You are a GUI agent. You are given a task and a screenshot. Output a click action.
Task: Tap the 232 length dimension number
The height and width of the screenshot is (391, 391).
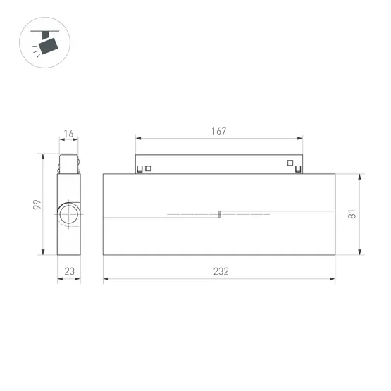tap(218, 271)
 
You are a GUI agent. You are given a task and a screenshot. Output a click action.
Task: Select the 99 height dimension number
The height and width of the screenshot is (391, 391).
tap(35, 205)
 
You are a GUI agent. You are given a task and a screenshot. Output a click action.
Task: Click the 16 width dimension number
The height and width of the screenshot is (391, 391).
tap(68, 135)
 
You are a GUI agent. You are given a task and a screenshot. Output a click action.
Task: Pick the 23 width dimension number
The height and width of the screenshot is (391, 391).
tap(68, 271)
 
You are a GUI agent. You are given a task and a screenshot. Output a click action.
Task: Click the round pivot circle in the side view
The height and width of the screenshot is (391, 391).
tap(69, 215)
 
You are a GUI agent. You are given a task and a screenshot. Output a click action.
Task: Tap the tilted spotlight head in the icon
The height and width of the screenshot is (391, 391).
tap(49, 45)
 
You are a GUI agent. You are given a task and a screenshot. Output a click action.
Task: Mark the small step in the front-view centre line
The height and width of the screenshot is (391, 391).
tap(219, 214)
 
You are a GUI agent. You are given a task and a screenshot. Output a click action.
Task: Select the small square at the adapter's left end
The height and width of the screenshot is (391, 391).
tap(149, 168)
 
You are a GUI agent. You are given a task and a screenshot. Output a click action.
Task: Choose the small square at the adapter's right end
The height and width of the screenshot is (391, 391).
tap(290, 163)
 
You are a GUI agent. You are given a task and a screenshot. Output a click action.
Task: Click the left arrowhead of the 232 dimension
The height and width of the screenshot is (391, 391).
tap(106, 280)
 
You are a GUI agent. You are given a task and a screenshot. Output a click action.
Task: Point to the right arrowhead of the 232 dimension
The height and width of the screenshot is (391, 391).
tap(333, 280)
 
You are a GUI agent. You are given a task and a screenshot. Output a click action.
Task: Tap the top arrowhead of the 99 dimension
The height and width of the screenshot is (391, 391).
tap(44, 156)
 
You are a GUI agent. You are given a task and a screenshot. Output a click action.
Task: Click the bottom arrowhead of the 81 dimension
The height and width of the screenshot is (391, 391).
tap(361, 254)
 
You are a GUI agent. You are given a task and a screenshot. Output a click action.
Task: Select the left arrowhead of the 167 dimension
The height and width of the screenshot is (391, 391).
tap(137, 139)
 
